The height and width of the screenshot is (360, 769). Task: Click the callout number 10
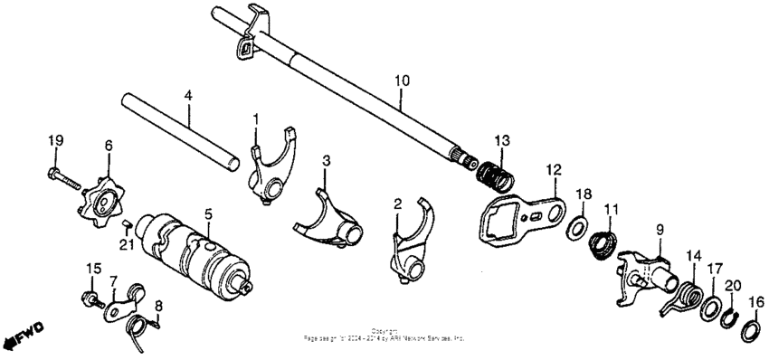click(402, 81)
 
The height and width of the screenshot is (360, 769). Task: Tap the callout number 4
click(187, 93)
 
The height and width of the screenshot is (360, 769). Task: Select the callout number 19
click(55, 139)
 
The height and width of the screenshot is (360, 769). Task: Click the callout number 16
click(756, 301)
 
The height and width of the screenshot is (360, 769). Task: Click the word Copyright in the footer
click(384, 330)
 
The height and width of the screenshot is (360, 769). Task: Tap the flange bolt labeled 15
click(92, 296)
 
